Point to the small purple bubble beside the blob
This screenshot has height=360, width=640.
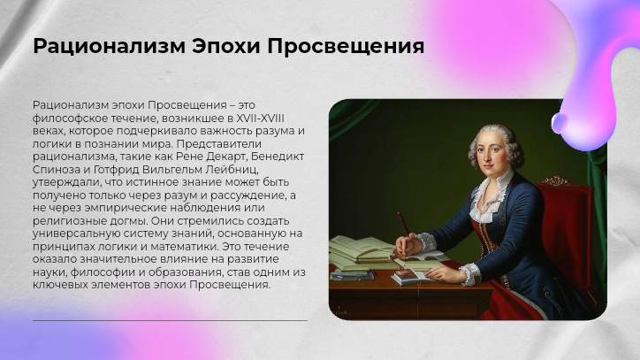coord(560,120)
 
